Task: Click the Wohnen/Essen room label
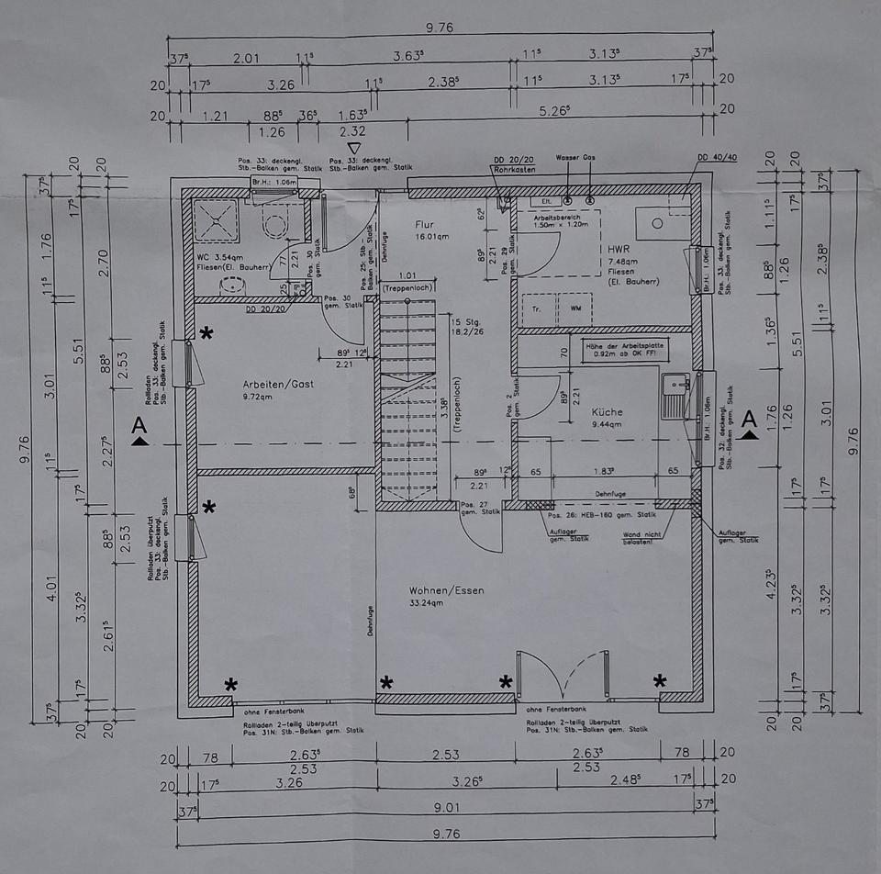pos(446,590)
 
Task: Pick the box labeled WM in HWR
pos(575,308)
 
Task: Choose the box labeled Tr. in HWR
pos(536,308)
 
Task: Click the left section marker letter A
pos(139,425)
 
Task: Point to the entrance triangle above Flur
pos(355,148)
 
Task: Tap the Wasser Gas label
pos(575,158)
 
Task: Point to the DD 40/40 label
pos(717,157)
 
